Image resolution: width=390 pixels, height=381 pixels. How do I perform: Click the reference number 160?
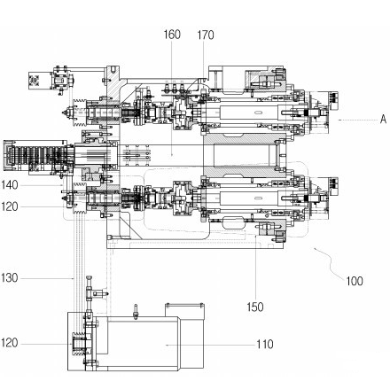coord(172,35)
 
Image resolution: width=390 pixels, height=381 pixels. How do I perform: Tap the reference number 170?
coord(206,35)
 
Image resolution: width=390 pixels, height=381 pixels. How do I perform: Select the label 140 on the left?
coord(10,185)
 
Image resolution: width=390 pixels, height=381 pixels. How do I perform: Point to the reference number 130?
coord(10,278)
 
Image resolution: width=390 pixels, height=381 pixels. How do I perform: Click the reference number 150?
coord(255,307)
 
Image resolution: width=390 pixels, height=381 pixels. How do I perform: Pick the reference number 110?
coord(265,345)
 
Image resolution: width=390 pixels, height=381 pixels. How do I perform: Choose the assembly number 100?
coord(355,281)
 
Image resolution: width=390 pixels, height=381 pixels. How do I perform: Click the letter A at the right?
coord(383,120)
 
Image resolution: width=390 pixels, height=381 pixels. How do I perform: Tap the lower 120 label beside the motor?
coord(10,343)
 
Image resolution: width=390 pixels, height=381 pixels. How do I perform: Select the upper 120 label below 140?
coord(10,206)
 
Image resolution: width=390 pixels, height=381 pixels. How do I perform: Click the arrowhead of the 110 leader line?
coord(167,345)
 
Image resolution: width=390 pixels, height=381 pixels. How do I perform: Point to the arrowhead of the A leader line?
coord(340,120)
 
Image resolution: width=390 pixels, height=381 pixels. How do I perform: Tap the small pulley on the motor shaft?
coord(78,344)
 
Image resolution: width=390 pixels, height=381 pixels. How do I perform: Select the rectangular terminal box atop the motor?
coord(184,311)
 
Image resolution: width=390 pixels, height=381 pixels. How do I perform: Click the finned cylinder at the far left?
coord(33,156)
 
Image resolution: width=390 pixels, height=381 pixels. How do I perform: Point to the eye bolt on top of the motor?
coord(136,312)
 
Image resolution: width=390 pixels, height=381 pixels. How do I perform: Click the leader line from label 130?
coord(47,278)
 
